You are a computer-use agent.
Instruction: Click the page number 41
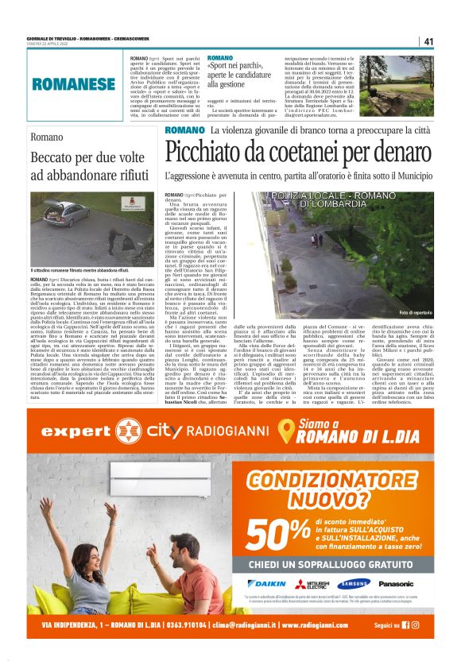[x=428, y=41]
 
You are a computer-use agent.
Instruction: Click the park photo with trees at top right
[x=401, y=83]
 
